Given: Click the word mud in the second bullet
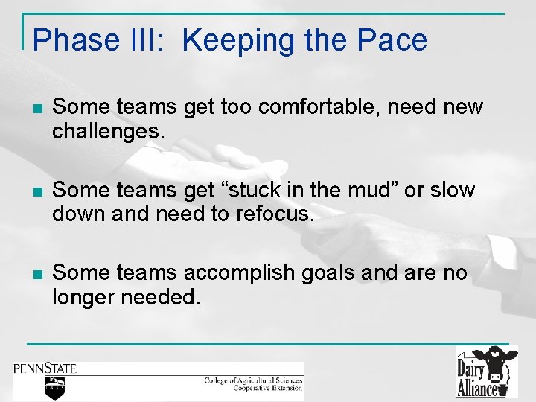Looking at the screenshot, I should (x=365, y=191).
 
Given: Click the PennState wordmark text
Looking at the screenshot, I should (x=45, y=368).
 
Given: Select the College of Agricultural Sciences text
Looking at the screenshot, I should (x=253, y=380).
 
